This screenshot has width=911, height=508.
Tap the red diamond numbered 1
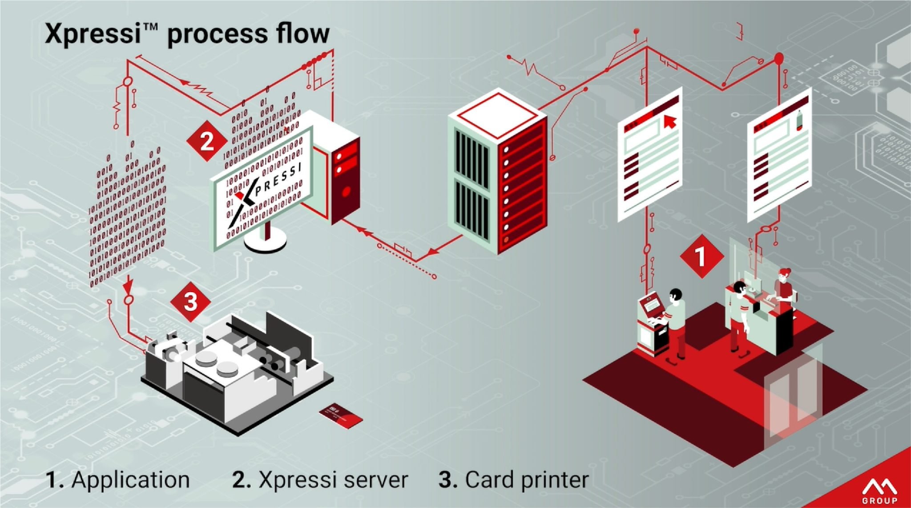click(701, 257)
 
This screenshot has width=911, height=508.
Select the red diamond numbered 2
click(207, 142)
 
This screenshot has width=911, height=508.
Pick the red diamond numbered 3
click(190, 301)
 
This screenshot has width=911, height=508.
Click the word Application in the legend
click(131, 480)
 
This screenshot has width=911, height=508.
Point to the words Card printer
click(527, 480)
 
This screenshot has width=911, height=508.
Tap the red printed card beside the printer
click(341, 416)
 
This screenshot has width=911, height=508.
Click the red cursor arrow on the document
click(669, 121)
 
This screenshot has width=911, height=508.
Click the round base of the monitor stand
click(266, 241)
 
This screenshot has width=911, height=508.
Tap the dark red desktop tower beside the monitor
click(345, 178)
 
